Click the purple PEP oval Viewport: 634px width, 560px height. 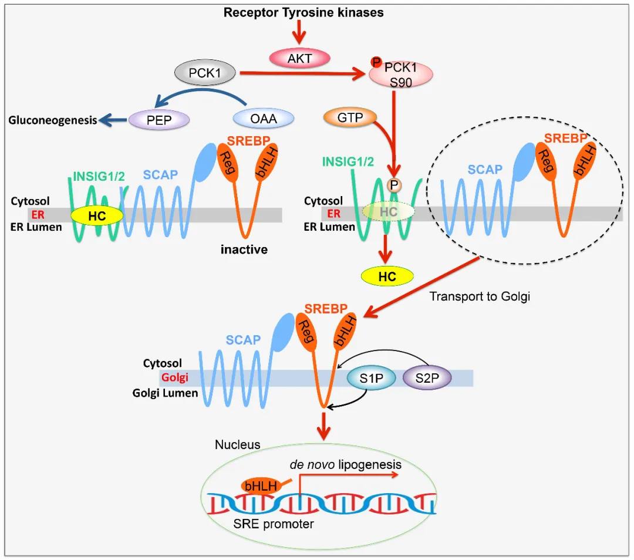(158, 119)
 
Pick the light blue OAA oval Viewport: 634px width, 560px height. (264, 119)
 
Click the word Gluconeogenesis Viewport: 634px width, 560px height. (52, 120)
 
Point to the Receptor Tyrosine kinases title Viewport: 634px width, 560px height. (303, 12)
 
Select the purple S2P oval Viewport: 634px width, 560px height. (427, 379)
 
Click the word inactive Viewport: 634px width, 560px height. (244, 249)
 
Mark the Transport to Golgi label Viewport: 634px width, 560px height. (480, 296)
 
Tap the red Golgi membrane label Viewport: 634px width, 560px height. (174, 378)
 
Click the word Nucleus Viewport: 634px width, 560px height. (237, 444)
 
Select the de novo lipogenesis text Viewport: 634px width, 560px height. (346, 464)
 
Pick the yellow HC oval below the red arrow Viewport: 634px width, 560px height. (387, 276)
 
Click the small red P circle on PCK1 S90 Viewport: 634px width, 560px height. (374, 62)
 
